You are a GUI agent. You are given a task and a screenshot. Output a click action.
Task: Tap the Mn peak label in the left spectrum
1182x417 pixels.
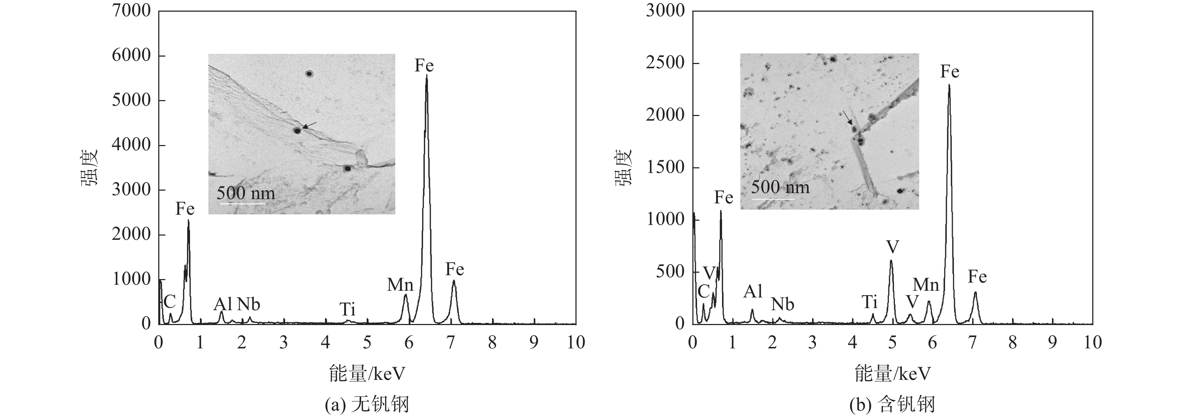[x=400, y=285]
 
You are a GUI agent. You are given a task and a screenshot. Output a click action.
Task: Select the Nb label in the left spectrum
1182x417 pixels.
[x=248, y=304]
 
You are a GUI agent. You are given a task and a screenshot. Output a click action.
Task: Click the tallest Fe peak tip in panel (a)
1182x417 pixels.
[x=426, y=75]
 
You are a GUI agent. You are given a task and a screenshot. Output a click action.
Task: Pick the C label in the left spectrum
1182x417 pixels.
[x=169, y=302]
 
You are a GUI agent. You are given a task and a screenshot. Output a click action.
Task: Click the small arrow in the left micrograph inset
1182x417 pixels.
[x=309, y=125]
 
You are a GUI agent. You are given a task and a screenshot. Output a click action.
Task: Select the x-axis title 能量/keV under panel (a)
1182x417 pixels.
[x=367, y=374]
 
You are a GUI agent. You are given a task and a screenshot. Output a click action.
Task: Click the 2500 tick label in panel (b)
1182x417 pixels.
[x=665, y=63]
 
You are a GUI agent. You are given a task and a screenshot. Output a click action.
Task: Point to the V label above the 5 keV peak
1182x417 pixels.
[x=892, y=248]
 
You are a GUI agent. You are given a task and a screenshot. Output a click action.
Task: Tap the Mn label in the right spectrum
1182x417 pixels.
[x=926, y=285]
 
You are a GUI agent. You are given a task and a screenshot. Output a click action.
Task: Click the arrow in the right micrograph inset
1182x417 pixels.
[x=847, y=117]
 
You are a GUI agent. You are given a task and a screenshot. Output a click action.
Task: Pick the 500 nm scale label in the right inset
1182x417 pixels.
[x=780, y=187]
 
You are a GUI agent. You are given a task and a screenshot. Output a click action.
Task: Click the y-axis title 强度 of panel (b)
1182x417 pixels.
[x=623, y=167]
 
